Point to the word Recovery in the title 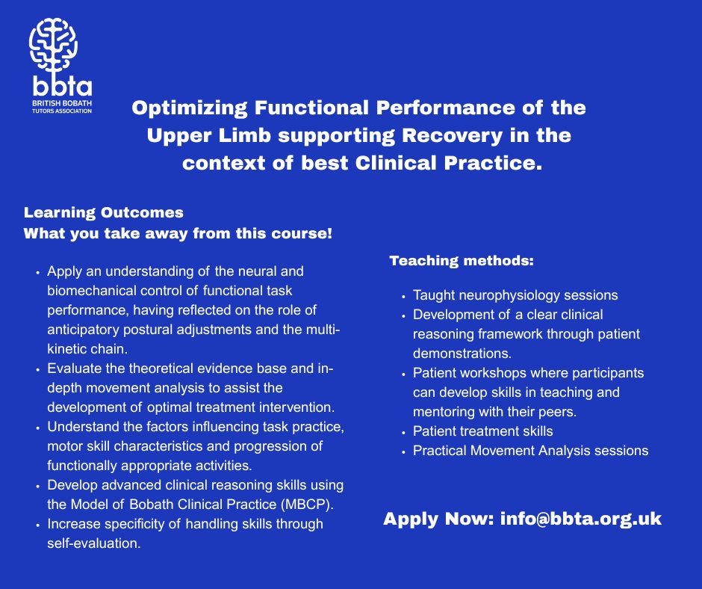(x=459, y=136)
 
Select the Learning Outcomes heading (x=104, y=212)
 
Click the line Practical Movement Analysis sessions (x=531, y=451)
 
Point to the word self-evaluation (x=94, y=543)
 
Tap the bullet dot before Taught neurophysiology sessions (x=403, y=296)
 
